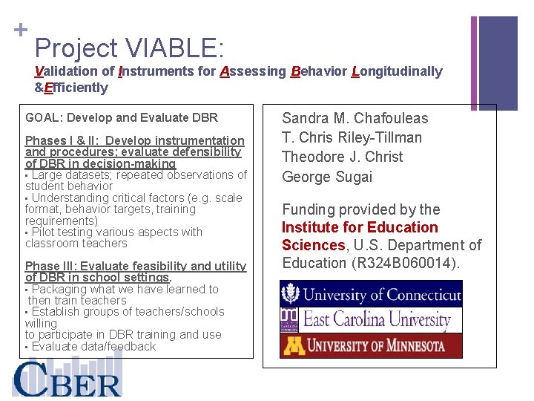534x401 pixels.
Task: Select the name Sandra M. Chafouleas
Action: pos(355,118)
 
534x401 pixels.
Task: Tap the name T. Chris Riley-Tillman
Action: pos(352,137)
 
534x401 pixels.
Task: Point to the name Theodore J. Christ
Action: pos(343,157)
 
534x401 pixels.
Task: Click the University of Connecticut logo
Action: pos(371,295)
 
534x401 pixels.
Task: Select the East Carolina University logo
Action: pos(371,320)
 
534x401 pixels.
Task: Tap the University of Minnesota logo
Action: pos(371,345)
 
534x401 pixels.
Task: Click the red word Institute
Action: pos(312,227)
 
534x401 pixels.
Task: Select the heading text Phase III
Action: pos(50,266)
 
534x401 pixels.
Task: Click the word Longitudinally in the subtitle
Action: pos(397,71)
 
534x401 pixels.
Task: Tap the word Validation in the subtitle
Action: pos(67,71)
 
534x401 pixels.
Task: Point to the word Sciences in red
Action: pos(312,245)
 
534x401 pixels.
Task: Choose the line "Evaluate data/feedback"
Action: pos(93,346)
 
